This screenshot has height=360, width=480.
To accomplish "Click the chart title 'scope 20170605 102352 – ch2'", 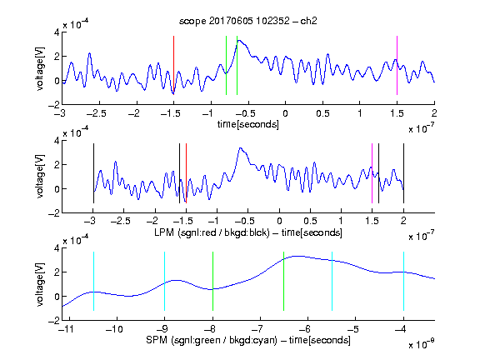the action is coord(248,21).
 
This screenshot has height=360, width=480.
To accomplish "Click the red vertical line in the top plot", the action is coord(173,65).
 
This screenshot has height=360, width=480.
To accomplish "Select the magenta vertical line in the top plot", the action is coord(397,65).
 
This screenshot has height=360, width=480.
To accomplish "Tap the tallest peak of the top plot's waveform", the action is coord(239,40).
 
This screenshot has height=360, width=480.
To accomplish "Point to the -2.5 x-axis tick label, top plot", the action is coord(96,113).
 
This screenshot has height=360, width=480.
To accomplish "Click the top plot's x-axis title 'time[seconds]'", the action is coord(248,124).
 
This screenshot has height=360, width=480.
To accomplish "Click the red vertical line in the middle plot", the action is coord(186,173).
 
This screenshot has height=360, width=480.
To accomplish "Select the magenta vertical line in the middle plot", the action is coord(372,173).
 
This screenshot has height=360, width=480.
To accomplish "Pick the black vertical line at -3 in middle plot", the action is coord(93,173).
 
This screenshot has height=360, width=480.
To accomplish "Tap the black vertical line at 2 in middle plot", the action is coord(403,173).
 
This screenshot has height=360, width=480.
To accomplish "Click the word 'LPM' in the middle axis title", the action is coord(164,232).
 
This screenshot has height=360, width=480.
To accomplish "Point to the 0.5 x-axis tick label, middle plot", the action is coord(310,221).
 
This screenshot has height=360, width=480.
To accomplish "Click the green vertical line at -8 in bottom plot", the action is coord(212,281).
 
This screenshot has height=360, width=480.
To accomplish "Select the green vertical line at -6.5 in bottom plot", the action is coord(284,281).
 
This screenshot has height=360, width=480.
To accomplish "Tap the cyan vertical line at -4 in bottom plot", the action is coord(403,281).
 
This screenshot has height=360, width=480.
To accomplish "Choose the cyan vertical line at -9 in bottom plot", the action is coord(164,281).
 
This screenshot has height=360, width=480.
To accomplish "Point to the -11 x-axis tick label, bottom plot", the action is coord(67,329).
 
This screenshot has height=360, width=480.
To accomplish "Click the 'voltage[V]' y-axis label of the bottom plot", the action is coord(40,284).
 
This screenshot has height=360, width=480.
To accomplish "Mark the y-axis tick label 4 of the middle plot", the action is coord(57,141).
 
